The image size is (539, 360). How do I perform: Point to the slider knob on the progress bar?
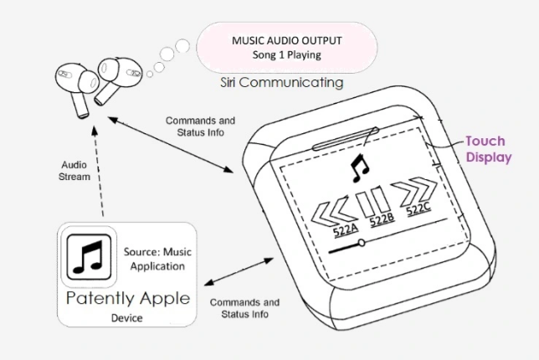tap(360, 243)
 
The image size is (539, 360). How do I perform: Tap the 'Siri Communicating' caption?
tap(280, 83)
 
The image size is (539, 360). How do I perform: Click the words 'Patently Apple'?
tap(128, 299)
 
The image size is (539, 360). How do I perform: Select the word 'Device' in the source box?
tap(128, 318)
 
